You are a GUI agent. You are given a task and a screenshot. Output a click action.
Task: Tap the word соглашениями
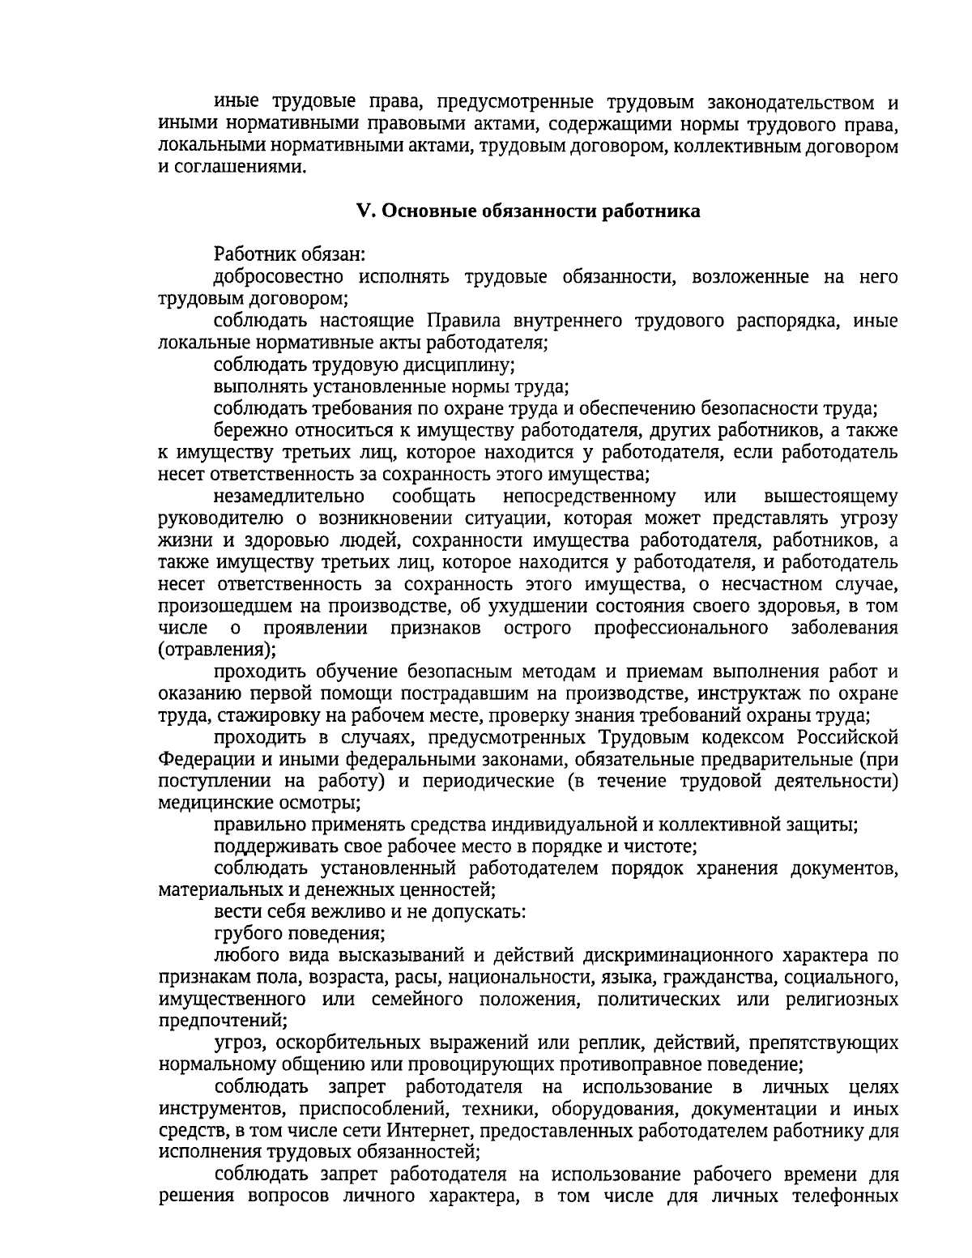point(233,168)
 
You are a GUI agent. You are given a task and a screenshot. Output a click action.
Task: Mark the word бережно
point(248,431)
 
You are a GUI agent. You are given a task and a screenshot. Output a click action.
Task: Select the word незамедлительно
point(289,497)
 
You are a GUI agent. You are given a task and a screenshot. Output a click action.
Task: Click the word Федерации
point(203,759)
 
